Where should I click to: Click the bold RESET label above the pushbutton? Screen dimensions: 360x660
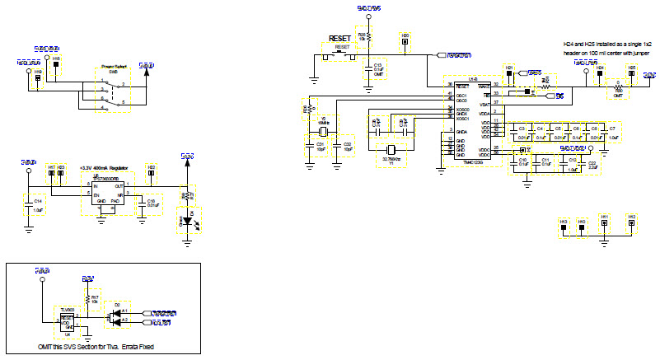(x=339, y=38)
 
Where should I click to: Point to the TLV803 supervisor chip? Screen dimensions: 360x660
(x=67, y=320)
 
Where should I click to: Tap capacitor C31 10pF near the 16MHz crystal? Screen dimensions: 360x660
(x=310, y=147)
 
